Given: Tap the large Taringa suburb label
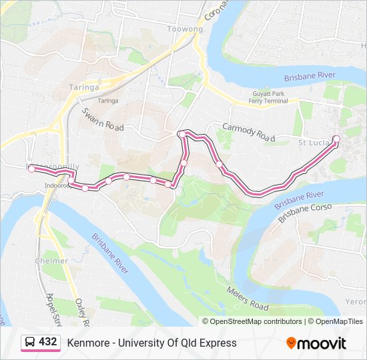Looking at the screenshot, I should pos(84,87).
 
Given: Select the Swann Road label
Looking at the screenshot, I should pos(102,117).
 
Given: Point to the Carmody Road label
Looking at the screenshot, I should pos(248,132).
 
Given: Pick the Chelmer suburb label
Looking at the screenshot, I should pos(51,261).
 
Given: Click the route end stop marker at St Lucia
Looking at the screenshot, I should pos(336,139).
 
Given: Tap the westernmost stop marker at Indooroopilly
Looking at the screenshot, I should pos(31,169).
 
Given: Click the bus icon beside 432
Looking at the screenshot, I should pos(30,342).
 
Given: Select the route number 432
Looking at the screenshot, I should pos(47,342).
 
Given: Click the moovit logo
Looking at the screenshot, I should pos(316,343).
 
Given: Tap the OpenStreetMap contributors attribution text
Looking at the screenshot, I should pos(256,321).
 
